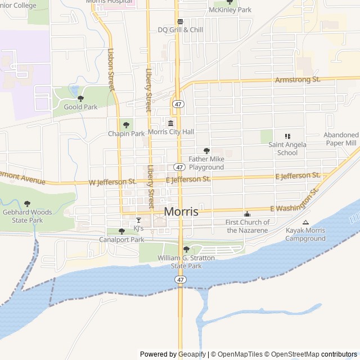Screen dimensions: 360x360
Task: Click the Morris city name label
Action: coord(181,212)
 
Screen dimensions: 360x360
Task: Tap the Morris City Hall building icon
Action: coord(170,123)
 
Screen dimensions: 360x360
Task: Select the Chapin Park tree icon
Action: coord(125,125)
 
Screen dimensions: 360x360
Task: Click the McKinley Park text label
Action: coord(229,10)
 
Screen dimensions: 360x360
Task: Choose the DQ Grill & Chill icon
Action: coord(180,22)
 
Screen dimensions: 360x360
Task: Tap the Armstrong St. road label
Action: coord(298,80)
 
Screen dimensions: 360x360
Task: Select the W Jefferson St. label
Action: coord(112,182)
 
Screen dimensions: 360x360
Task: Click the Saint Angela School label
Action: coord(287,148)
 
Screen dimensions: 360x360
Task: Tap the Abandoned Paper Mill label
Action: coord(340,139)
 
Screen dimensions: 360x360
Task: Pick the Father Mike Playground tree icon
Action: coord(206,151)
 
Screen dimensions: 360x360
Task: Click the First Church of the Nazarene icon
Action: coord(247,214)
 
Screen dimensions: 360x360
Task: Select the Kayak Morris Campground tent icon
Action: coord(305,222)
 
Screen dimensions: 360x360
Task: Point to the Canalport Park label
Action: coord(121,240)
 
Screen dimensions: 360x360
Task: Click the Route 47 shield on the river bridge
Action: coord(179,280)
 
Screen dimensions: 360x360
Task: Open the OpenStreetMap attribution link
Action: coord(292,354)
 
